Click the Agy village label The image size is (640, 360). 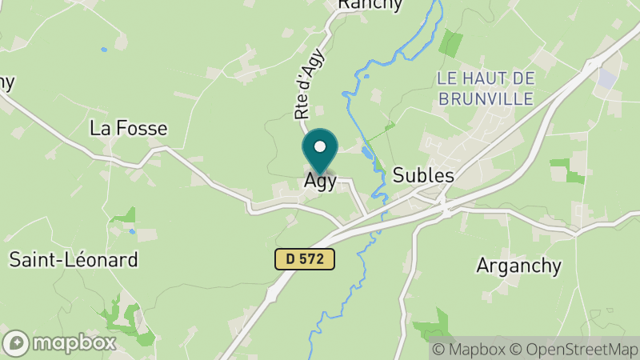coord(319,182)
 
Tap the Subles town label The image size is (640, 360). coord(423,175)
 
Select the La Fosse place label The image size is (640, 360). coord(128,128)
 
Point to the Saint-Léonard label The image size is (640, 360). coord(74,259)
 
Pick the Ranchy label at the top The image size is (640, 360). coord(370,5)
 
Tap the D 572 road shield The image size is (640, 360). coord(304,258)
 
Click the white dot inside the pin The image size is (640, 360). coord(320,146)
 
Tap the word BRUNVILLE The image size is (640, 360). coord(485,99)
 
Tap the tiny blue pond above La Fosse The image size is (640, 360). coord(103,50)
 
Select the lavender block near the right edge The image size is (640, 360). coord(607,78)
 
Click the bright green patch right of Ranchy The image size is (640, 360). coord(451,42)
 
